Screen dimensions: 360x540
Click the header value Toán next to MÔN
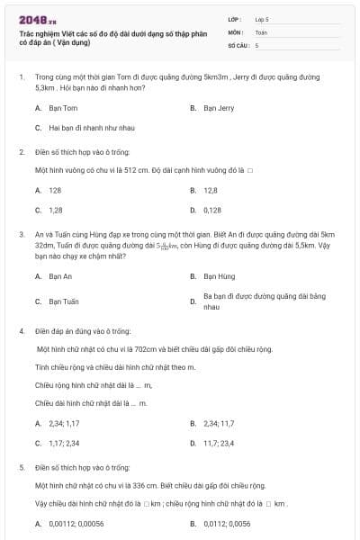tap(261, 31)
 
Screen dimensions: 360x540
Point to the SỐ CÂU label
tap(237, 44)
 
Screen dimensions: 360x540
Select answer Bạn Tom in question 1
tap(63, 108)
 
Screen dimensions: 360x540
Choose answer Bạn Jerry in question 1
tap(219, 108)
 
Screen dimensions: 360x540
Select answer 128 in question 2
tap(56, 190)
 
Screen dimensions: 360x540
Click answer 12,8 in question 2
tap(211, 190)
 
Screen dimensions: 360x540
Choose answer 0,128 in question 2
tap(212, 210)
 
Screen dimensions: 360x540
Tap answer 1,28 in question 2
tap(56, 210)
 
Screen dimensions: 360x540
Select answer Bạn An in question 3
tap(60, 276)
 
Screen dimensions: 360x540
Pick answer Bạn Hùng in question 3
tap(220, 276)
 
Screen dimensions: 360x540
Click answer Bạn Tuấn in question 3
tap(64, 301)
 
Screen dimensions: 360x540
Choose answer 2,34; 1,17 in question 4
tap(64, 423)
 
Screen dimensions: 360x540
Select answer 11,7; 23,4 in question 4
tap(220, 443)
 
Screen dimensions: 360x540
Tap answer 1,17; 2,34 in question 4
tap(64, 443)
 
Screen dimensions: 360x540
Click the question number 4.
tap(21, 331)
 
